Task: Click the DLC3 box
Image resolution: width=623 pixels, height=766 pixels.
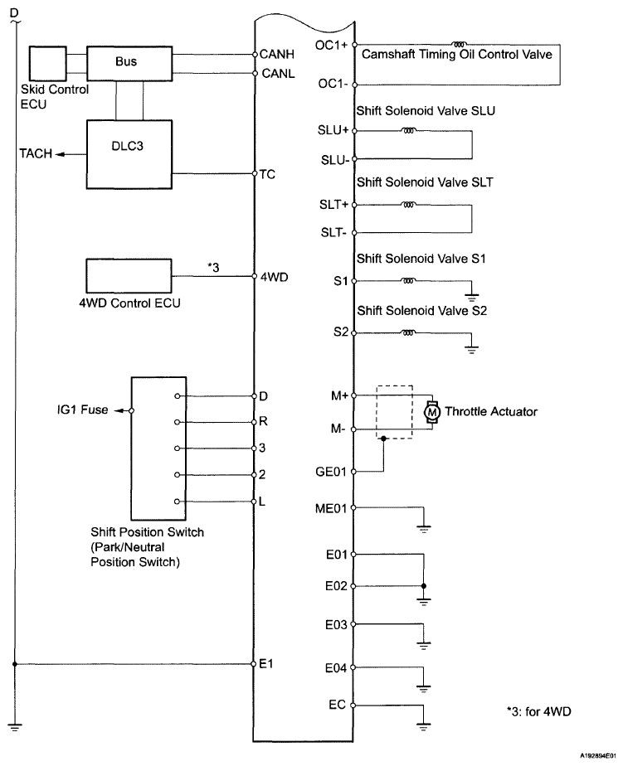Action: click(129, 153)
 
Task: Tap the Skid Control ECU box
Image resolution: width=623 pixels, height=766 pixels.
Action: click(47, 63)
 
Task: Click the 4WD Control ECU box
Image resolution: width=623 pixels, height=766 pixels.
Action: click(128, 274)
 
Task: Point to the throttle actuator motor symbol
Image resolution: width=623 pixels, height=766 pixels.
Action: click(431, 412)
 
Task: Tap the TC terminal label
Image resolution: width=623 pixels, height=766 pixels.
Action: click(267, 174)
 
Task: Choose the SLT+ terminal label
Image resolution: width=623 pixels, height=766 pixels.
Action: click(335, 205)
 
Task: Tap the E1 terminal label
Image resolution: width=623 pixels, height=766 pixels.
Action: click(265, 664)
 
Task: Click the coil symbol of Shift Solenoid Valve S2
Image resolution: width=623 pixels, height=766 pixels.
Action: click(408, 333)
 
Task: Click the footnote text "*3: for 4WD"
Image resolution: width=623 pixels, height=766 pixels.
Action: click(540, 711)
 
